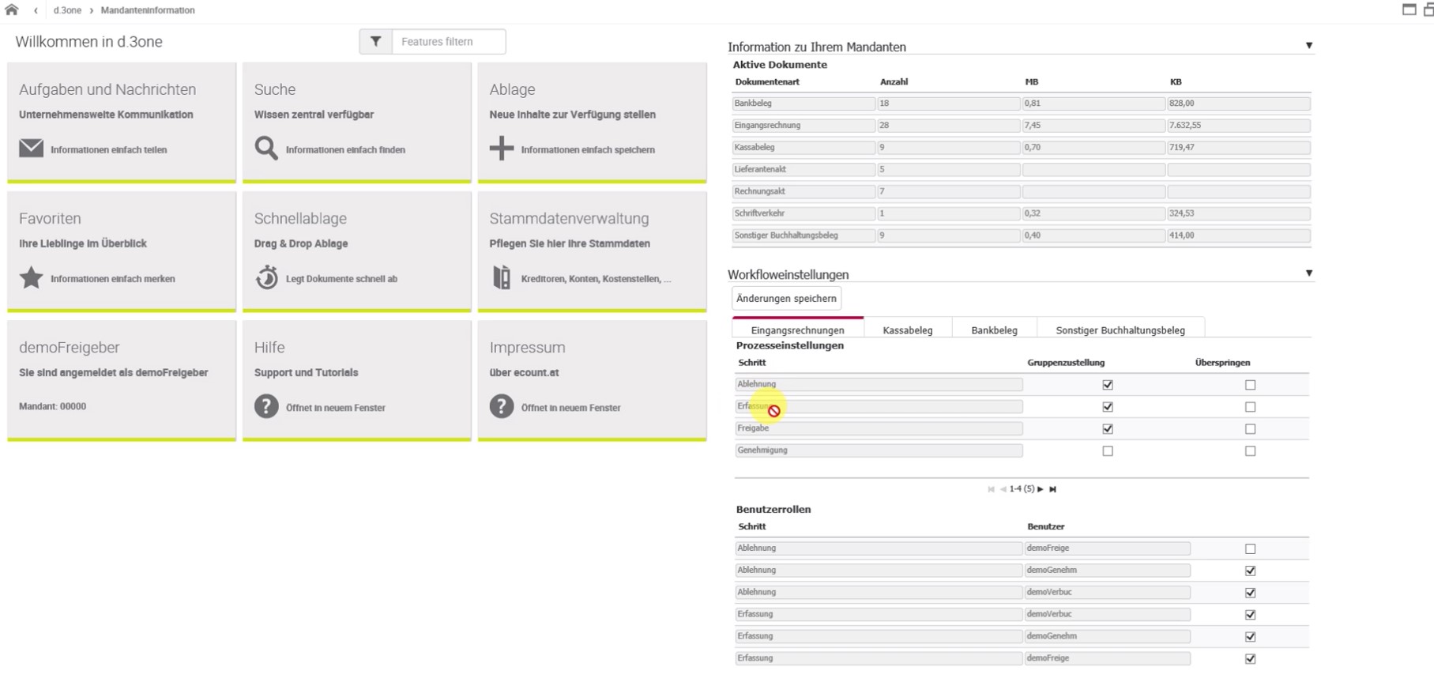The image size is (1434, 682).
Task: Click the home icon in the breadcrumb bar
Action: pos(12,10)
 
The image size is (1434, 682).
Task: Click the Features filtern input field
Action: pos(449,42)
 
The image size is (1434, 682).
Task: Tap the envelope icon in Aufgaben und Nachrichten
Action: pos(31,149)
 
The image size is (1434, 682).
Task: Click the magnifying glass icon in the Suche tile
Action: pos(266,149)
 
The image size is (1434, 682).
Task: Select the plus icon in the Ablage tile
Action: pos(502,148)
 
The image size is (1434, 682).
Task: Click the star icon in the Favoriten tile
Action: pos(31,277)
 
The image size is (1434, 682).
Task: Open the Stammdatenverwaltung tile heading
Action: pos(569,219)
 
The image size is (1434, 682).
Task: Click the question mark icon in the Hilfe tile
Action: pos(266,406)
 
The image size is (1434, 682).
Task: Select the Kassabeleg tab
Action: pos(908,330)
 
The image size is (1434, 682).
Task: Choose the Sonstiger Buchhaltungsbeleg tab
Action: pos(1120,330)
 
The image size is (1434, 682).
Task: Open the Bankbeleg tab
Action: pos(994,330)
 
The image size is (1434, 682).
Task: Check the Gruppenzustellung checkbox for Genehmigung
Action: pos(1108,451)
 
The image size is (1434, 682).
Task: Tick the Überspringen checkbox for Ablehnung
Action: pos(1250,385)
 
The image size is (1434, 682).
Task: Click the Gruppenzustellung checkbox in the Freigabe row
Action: pos(1108,429)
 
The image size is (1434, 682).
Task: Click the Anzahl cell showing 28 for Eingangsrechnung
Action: pos(948,126)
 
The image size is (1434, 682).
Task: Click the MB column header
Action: pos(1032,82)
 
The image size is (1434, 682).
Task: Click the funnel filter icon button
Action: pos(376,42)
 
